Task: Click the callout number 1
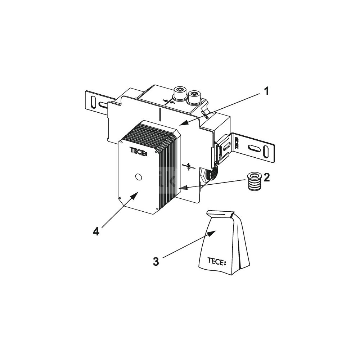266,91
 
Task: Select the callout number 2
266,177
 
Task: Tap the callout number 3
156,261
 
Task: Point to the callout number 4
96,231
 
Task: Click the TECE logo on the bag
217,261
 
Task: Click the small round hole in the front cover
139,177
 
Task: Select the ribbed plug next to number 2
254,181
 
